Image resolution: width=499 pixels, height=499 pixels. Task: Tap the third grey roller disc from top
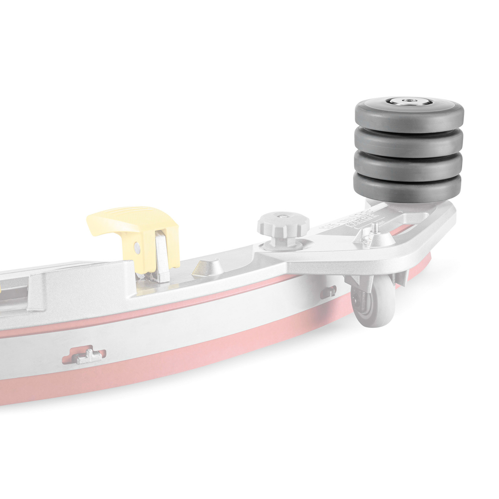tap(409, 167)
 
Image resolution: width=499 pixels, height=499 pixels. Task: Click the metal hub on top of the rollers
tap(408, 101)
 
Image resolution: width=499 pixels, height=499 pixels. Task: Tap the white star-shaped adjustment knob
tap(283, 225)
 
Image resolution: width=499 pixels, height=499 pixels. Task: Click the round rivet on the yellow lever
tap(137, 248)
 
